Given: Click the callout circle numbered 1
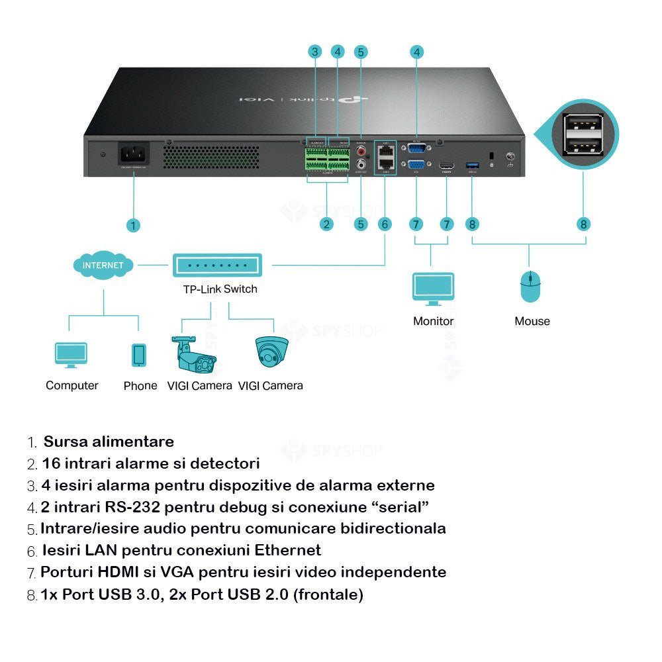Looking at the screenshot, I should tap(133, 225).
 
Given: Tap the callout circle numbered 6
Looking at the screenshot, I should tap(385, 224).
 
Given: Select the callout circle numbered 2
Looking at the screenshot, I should tap(326, 224).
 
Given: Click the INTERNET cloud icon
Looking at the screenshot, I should tap(103, 265).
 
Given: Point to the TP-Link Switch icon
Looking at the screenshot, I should tap(218, 265).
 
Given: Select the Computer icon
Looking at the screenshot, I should tap(71, 355).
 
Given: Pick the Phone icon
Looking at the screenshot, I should tap(139, 355).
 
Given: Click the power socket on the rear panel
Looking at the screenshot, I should tap(134, 155).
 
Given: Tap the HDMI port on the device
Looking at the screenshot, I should tap(446, 164).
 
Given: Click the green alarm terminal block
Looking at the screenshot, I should tap(327, 161).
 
